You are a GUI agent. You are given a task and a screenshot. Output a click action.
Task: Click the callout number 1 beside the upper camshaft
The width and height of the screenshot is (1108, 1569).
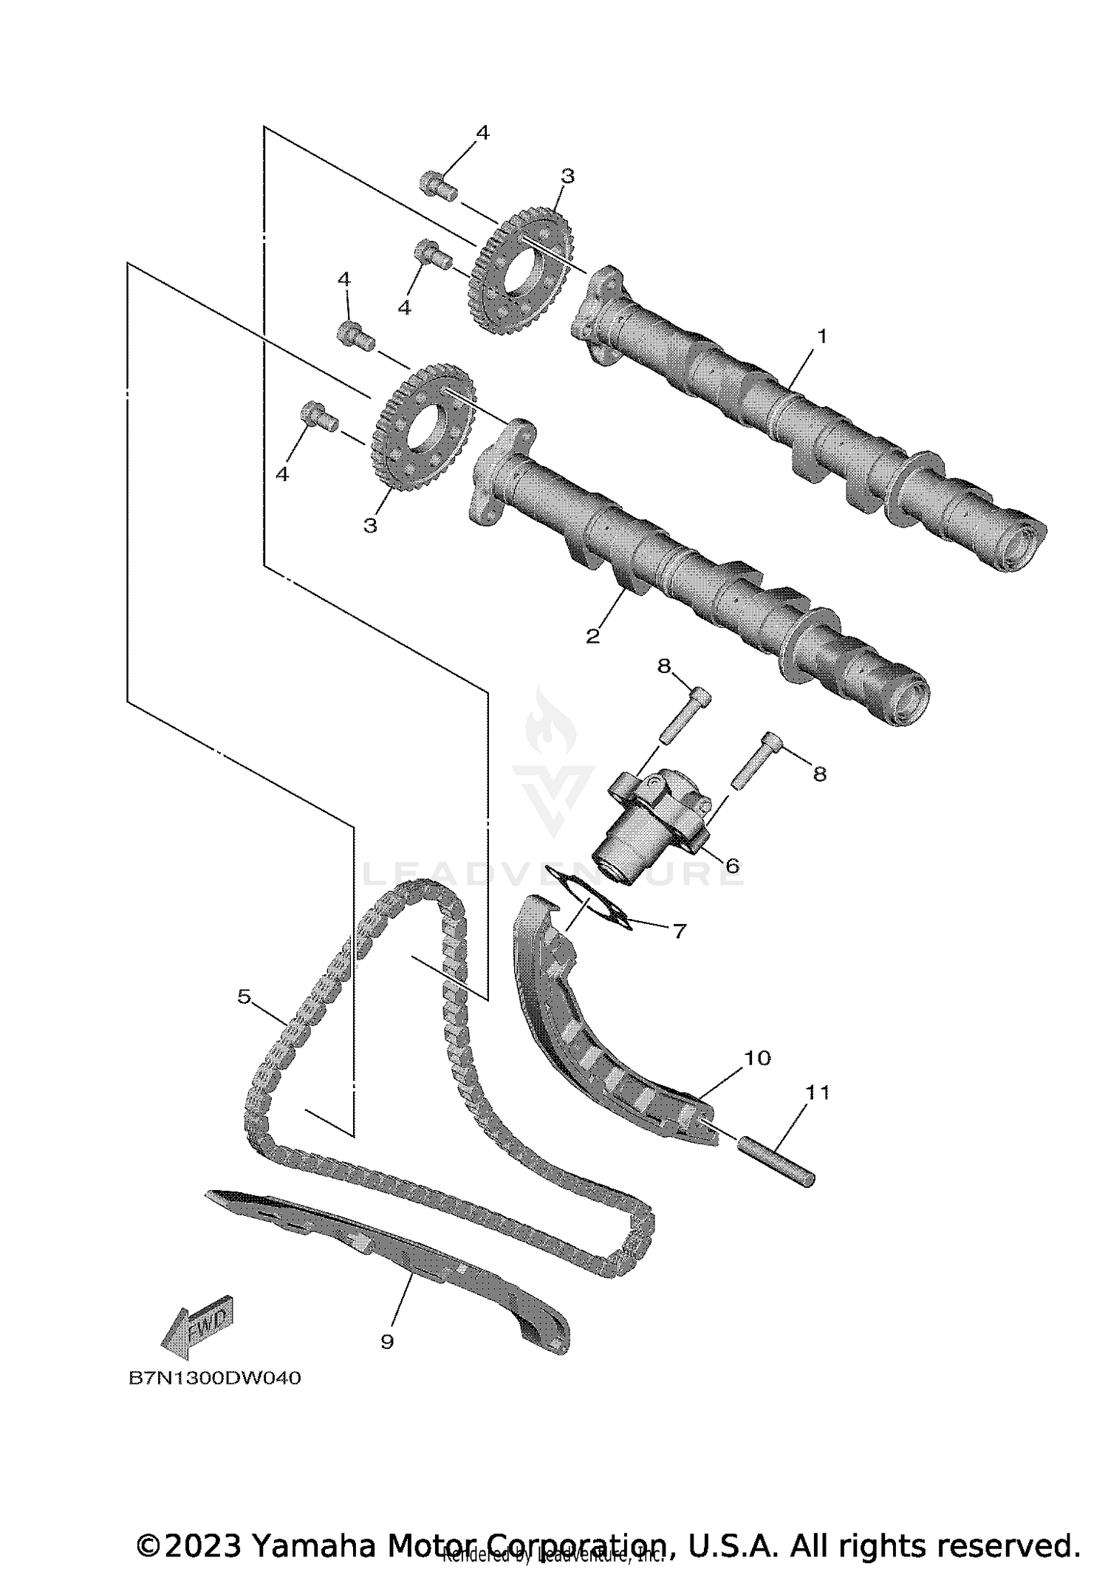click(821, 336)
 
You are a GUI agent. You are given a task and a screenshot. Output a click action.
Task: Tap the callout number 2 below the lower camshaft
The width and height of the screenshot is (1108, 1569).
click(592, 635)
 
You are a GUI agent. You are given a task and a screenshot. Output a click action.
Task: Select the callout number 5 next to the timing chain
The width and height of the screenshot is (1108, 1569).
click(244, 997)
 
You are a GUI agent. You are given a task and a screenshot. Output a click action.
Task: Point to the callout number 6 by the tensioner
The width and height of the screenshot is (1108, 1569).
click(731, 865)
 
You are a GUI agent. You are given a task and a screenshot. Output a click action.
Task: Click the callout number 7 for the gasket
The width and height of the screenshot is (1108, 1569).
click(680, 931)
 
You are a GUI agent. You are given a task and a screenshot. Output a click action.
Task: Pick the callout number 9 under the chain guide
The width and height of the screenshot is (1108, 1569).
click(387, 1342)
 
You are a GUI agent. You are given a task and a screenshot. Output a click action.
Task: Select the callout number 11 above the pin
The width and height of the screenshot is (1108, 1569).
click(818, 1092)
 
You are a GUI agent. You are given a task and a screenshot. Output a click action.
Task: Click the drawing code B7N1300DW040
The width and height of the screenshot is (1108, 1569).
click(215, 1378)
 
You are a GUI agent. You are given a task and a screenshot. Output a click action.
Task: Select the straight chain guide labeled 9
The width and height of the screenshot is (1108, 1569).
click(391, 1256)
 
